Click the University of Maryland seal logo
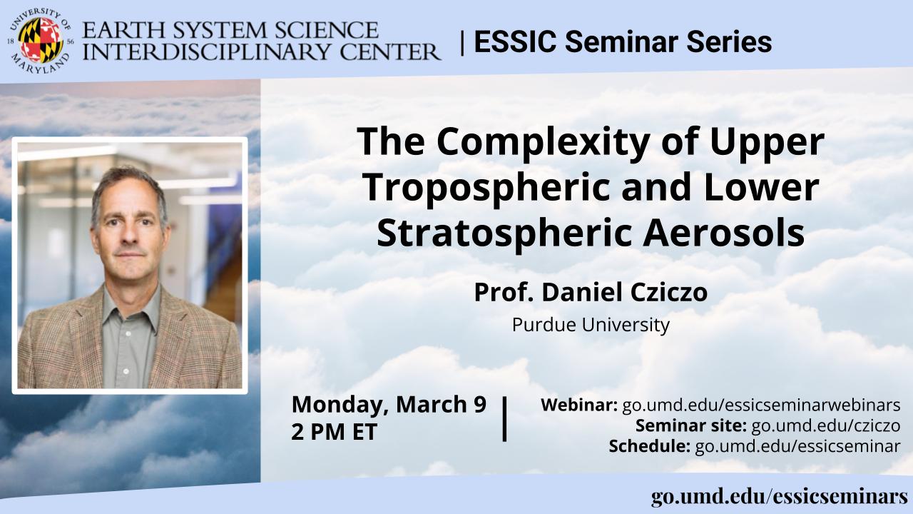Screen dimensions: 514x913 click(41, 41)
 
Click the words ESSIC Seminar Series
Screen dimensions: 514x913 click(622, 42)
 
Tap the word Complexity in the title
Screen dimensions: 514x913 click(552, 141)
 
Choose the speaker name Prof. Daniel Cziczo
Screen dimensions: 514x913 click(591, 293)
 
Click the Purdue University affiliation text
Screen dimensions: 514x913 click(591, 326)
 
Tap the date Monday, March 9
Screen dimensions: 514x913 click(389, 404)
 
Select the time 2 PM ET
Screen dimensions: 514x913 click(334, 432)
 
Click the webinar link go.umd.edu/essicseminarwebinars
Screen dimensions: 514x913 click(761, 405)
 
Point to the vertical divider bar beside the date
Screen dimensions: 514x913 click(505, 419)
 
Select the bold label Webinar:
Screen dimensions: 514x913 click(579, 405)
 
